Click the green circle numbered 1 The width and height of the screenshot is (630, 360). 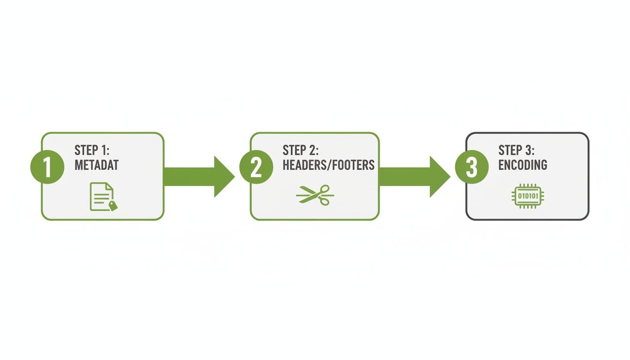47,167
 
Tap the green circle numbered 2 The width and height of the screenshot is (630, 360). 256,167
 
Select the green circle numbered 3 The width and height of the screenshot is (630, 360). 472,167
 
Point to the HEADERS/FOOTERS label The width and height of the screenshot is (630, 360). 328,165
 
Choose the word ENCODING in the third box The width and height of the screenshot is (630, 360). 522,165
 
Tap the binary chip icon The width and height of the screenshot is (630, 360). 526,196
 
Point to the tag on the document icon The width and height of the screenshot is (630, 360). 113,205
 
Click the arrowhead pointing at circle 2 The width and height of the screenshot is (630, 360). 224,177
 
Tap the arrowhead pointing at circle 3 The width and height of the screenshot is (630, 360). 440,177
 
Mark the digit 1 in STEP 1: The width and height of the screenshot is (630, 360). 109,150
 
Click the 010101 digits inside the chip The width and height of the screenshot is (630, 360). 526,196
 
